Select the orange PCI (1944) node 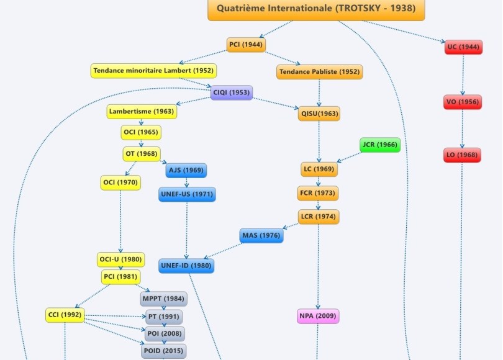point(246,45)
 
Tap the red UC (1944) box point(463,47)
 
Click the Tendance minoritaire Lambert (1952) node point(153,71)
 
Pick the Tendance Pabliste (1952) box point(319,72)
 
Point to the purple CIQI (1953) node point(231,92)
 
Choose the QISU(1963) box point(319,114)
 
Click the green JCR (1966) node point(379,145)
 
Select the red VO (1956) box point(463,102)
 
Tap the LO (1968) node point(463,155)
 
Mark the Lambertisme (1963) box point(142,112)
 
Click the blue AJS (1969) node point(186,170)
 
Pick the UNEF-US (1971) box point(187,194)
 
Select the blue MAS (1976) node point(261,236)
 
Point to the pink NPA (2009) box point(318,317)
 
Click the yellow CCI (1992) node point(64,315)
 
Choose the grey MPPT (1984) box point(163,299)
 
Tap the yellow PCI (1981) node point(120,277)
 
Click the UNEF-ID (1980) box point(186,266)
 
